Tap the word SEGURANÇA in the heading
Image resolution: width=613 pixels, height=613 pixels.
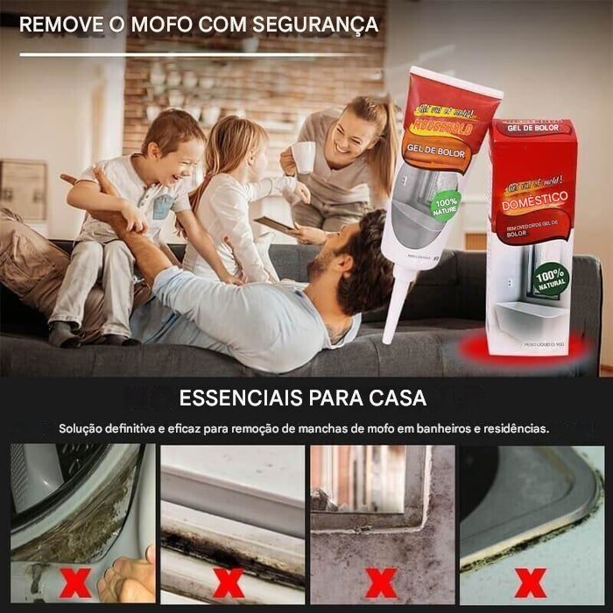(x=313, y=25)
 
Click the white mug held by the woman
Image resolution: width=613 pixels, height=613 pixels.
(x=304, y=157)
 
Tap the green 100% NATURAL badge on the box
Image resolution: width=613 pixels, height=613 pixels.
(x=551, y=278)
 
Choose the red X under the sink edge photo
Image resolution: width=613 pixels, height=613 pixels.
(x=531, y=581)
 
